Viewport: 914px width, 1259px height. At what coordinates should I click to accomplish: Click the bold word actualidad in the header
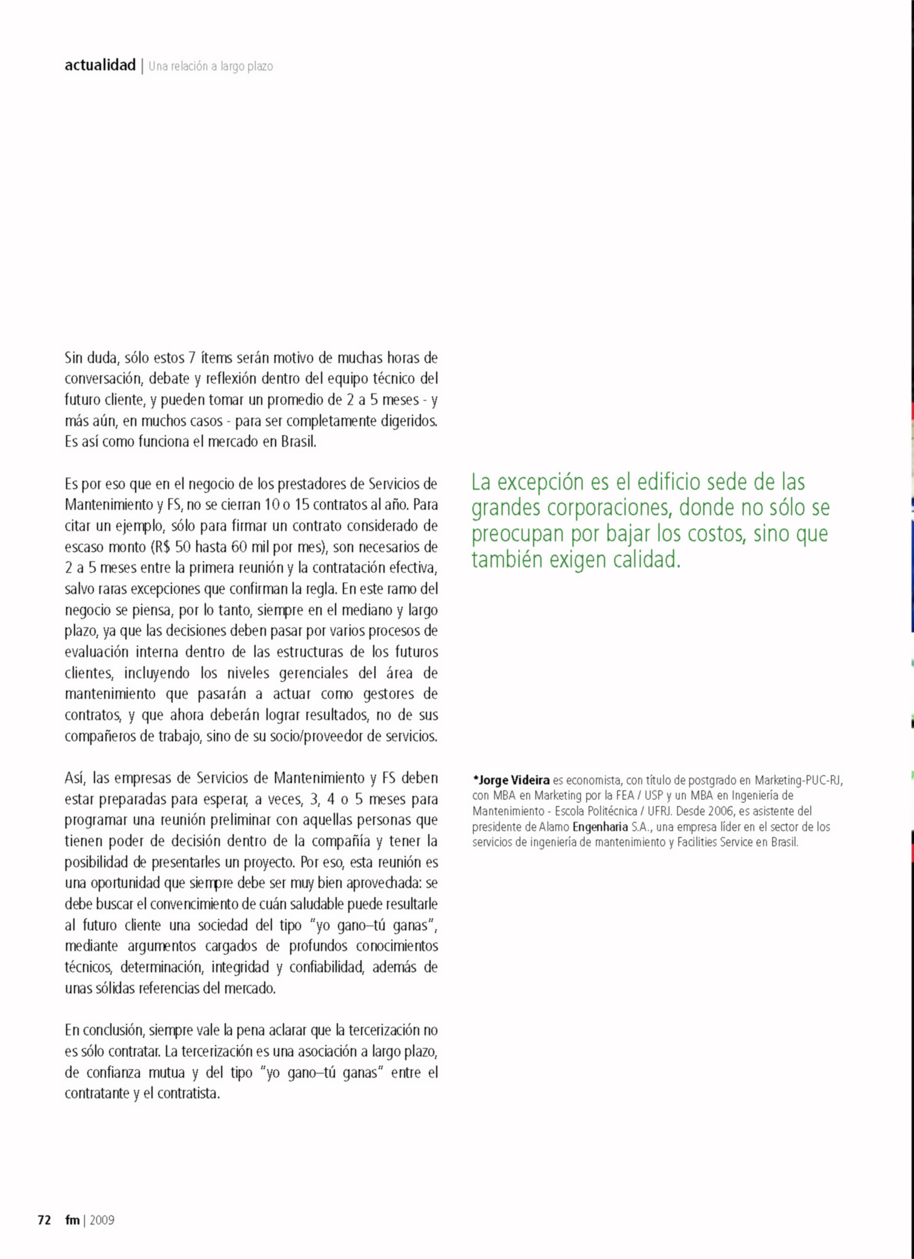click(x=100, y=65)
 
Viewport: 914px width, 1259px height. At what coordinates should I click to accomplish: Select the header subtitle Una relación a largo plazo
click(x=211, y=67)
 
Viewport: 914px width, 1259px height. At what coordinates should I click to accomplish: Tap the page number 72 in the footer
click(x=44, y=1220)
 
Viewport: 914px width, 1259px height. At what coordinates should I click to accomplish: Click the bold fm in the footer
click(x=72, y=1220)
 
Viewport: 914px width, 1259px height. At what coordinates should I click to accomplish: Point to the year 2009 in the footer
click(x=102, y=1220)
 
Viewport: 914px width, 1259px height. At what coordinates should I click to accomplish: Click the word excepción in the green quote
click(x=541, y=483)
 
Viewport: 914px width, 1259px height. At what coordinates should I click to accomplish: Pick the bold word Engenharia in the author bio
click(x=600, y=827)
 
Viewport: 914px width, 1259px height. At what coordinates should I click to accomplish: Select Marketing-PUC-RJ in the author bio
click(x=798, y=780)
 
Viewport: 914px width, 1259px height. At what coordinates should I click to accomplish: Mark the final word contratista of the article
click(x=188, y=1094)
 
